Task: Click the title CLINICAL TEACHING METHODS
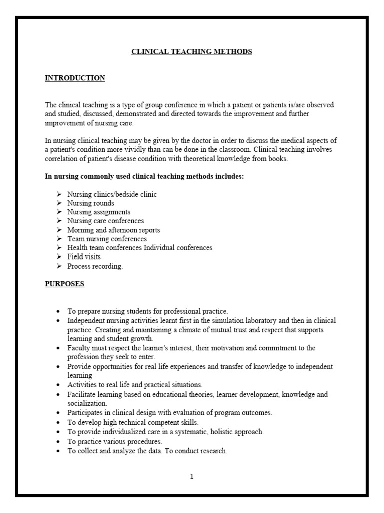coord(191,52)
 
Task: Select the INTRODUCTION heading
coord(75,78)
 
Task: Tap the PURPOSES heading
coord(64,284)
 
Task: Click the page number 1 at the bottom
coord(191,476)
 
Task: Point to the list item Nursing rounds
coord(91,203)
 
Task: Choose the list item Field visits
coord(84,257)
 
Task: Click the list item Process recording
coord(95,266)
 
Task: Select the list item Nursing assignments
coord(99,212)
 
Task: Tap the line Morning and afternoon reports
coord(114,230)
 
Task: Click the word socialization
coord(87,403)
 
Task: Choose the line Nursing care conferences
coord(106,221)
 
